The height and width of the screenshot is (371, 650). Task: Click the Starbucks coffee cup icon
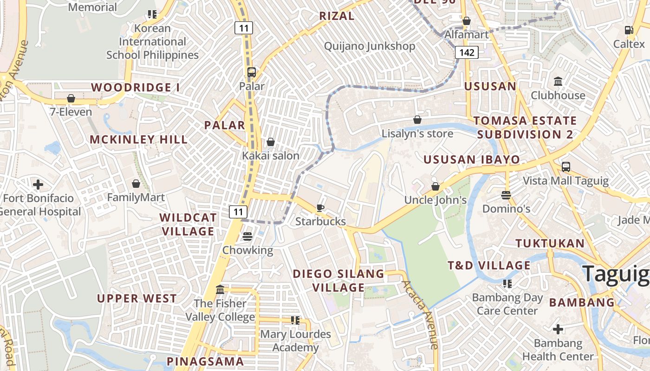(x=320, y=208)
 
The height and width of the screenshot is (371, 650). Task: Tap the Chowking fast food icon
(x=247, y=237)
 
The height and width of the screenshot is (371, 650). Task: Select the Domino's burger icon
(x=506, y=195)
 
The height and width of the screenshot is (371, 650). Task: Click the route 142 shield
(x=467, y=52)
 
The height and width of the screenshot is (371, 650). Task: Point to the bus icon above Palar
(x=252, y=72)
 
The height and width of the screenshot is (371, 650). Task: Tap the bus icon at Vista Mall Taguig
(x=565, y=167)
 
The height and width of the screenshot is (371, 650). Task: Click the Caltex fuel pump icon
(x=629, y=30)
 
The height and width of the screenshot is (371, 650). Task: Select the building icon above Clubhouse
(x=558, y=82)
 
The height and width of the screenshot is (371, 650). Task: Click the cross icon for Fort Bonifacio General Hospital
(x=38, y=185)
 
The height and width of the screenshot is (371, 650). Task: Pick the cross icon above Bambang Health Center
(x=558, y=329)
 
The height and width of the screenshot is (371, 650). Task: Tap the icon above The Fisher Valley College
(x=220, y=290)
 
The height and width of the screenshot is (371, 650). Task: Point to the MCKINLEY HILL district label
(x=138, y=140)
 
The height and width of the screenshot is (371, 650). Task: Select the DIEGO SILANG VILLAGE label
(x=338, y=281)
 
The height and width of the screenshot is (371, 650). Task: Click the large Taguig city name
(x=616, y=274)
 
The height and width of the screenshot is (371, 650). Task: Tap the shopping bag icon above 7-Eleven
(x=71, y=98)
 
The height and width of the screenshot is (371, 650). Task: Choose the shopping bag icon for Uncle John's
(x=435, y=186)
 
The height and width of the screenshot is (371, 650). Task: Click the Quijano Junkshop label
(x=370, y=46)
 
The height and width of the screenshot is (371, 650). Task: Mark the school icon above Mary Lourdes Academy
(x=295, y=320)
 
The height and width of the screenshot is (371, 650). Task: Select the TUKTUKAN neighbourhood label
(x=550, y=243)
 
